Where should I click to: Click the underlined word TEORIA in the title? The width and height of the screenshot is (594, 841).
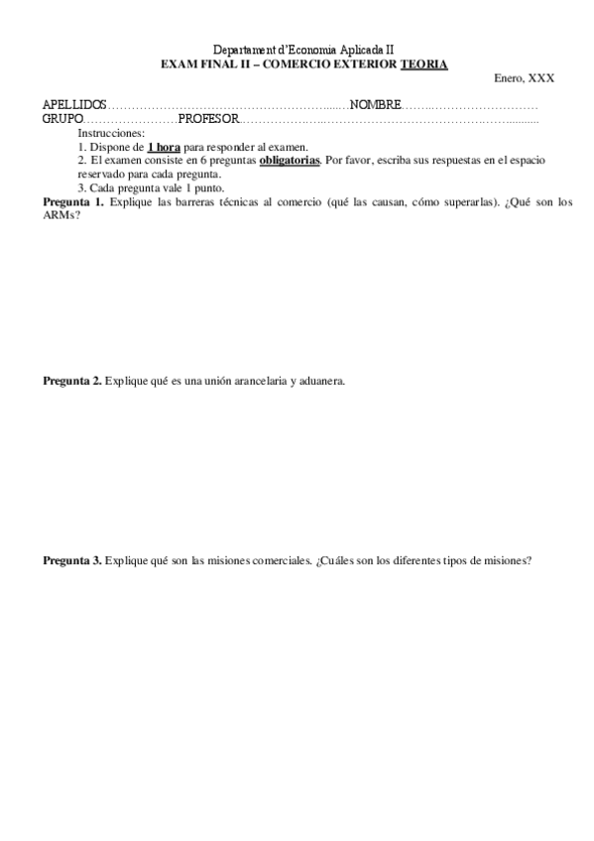[x=423, y=63]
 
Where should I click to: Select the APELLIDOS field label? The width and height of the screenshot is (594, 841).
[x=74, y=105]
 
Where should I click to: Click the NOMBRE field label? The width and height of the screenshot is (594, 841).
[x=375, y=105]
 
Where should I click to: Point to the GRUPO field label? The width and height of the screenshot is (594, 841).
[x=62, y=119]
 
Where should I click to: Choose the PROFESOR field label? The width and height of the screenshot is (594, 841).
[x=208, y=119]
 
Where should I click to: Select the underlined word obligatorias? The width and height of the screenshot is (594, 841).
[x=290, y=159]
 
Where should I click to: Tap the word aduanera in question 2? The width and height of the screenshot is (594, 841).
[x=318, y=381]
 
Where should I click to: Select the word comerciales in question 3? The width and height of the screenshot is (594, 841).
[x=276, y=560]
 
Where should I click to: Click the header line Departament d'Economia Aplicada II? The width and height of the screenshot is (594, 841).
[x=303, y=50]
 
